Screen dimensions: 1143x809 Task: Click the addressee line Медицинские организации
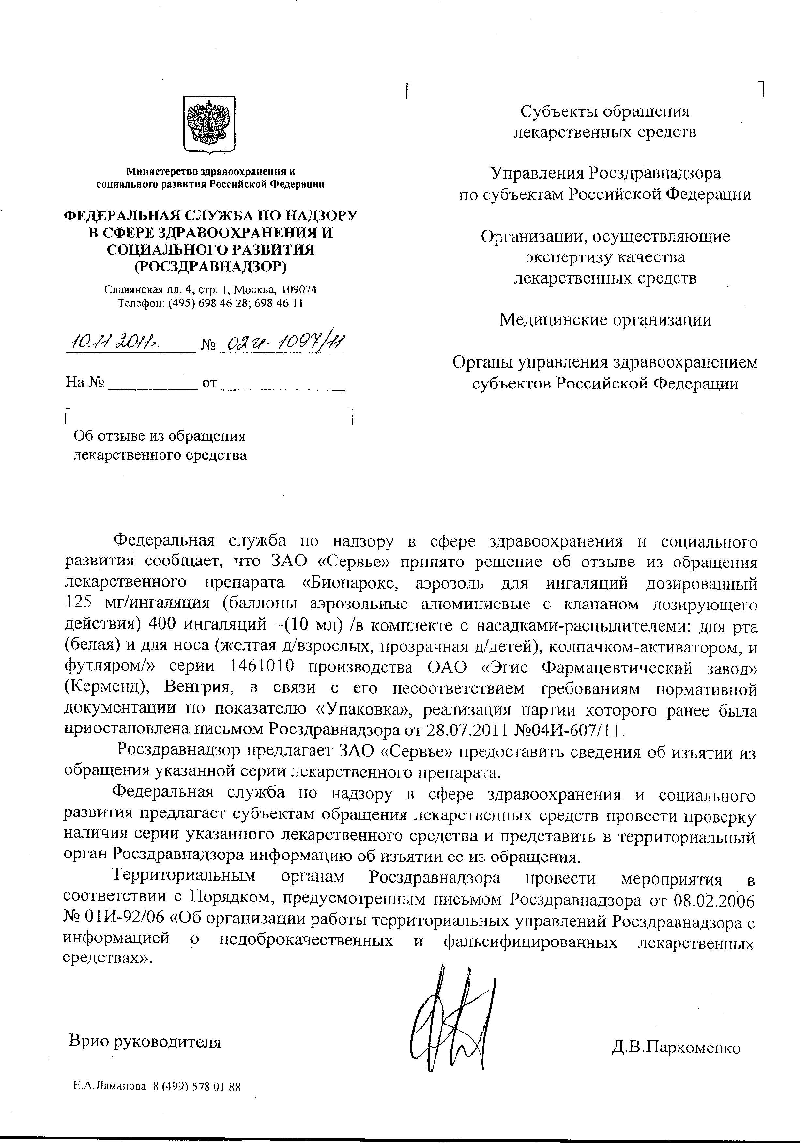coord(605,320)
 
